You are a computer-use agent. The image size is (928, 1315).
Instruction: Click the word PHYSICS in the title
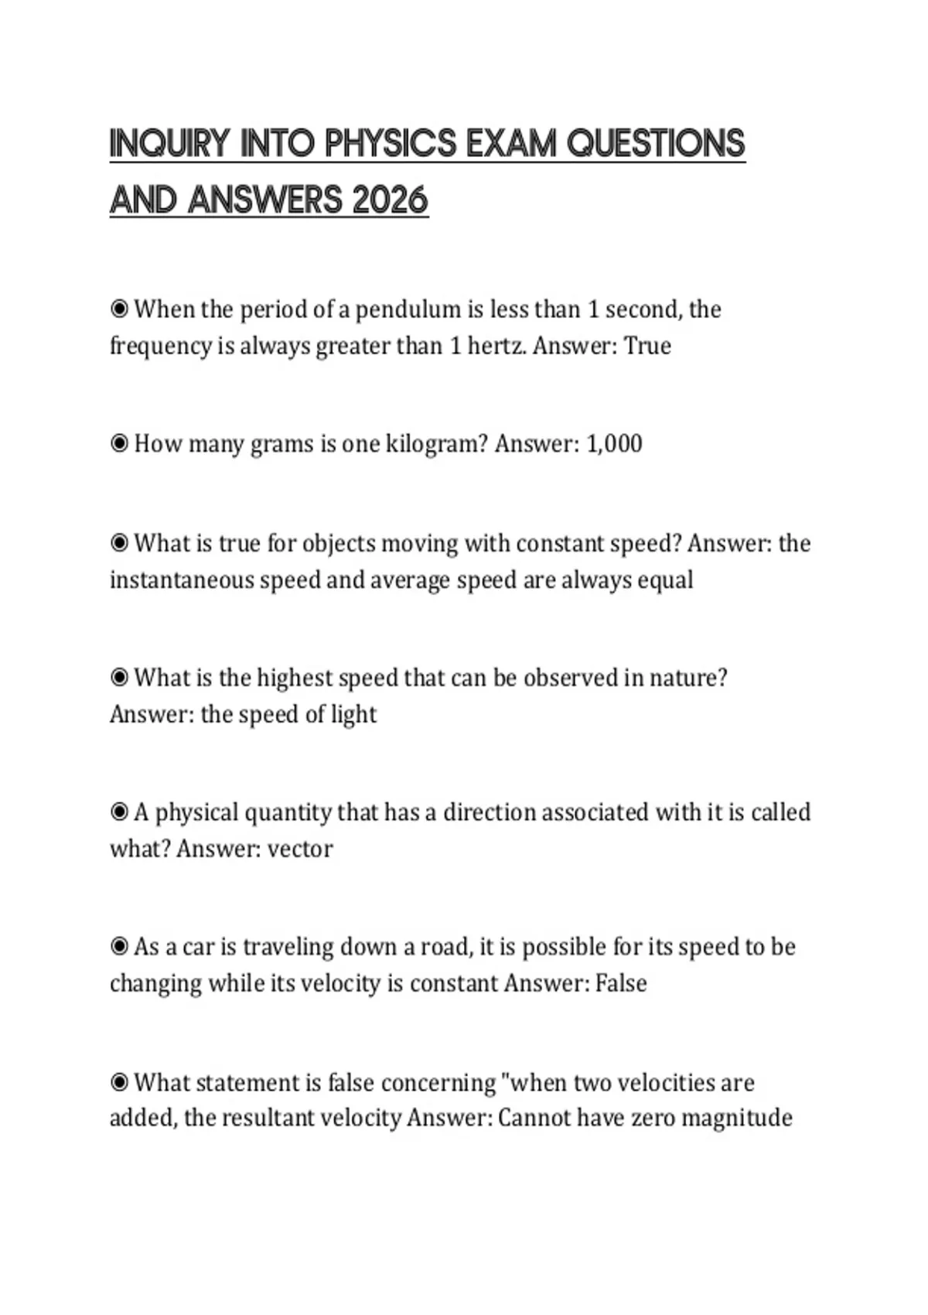pos(384,145)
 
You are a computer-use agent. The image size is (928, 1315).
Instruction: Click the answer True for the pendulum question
pos(647,345)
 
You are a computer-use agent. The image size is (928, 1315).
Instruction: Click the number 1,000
pos(614,444)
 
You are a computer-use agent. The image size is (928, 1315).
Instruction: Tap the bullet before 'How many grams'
pos(119,444)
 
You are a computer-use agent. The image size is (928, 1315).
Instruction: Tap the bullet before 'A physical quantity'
pos(119,812)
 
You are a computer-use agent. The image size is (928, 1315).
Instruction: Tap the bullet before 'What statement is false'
pos(119,1082)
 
